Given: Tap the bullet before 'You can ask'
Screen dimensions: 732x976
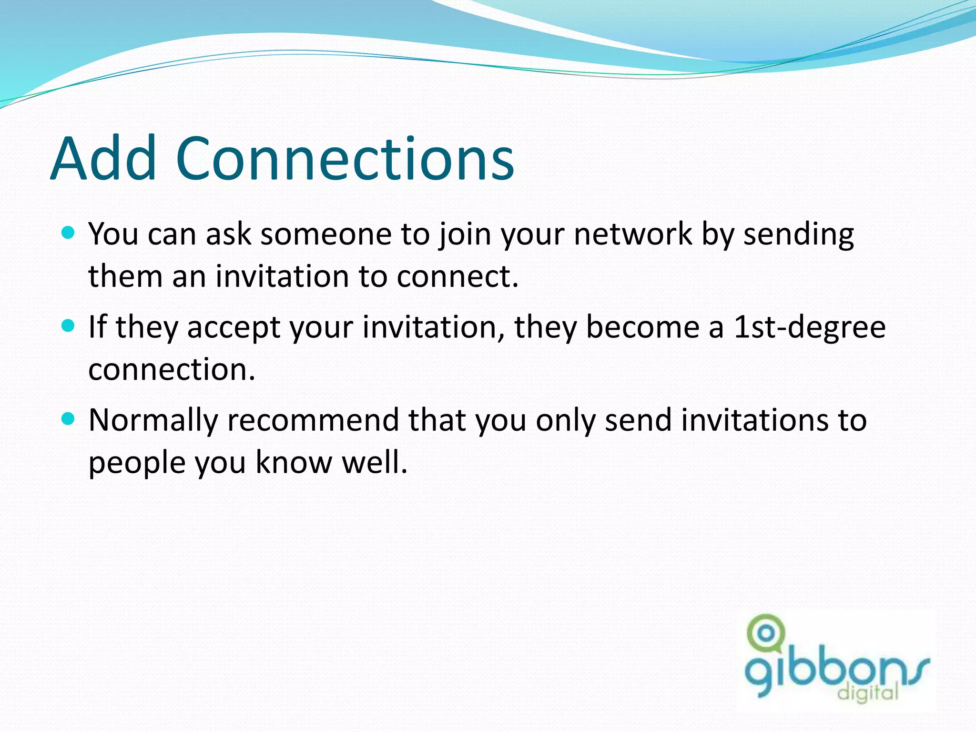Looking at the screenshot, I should point(69,233).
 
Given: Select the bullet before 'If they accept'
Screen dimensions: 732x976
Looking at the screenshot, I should point(69,326).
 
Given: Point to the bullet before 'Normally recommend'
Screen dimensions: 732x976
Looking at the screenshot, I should point(69,419).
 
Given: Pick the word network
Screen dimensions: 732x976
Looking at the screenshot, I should point(633,234).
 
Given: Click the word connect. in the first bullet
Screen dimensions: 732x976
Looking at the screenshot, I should point(457,277).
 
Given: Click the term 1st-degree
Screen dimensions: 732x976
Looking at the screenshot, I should point(809,328).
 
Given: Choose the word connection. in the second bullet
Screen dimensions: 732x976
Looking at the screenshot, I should point(172,370).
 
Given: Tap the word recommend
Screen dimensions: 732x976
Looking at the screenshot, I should point(313,420).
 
